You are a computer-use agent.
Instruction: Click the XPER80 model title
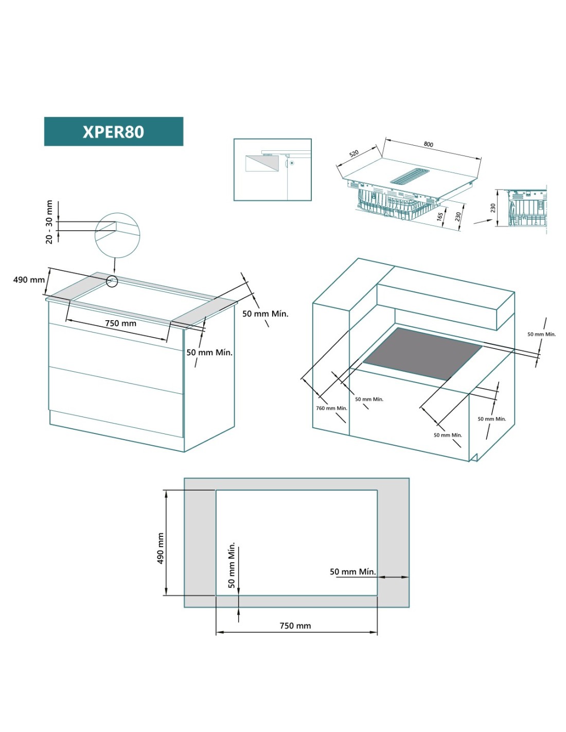(x=113, y=132)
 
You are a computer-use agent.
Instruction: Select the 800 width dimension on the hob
(x=428, y=144)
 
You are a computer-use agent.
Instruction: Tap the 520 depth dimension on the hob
(x=354, y=153)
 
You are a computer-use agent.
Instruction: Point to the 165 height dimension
(x=440, y=216)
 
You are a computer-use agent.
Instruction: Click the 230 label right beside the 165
(x=457, y=216)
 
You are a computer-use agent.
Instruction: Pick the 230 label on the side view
(x=493, y=208)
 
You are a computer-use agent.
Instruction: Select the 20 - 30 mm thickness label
(x=49, y=222)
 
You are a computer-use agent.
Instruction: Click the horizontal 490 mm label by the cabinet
(x=29, y=280)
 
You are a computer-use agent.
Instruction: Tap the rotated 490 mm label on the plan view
(x=161, y=548)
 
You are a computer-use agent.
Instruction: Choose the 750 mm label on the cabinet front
(x=120, y=323)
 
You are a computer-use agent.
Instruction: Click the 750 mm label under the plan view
(x=295, y=626)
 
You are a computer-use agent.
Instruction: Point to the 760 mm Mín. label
(x=332, y=408)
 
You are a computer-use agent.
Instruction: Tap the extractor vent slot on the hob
(x=410, y=176)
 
